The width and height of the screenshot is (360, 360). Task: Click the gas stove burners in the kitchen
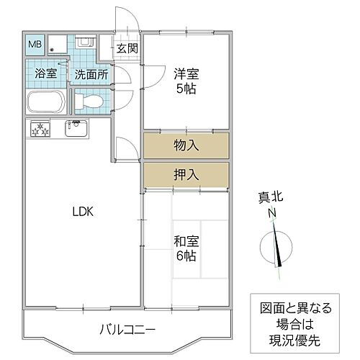pyautogui.click(x=40, y=130)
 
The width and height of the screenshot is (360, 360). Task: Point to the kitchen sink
pyautogui.click(x=76, y=130)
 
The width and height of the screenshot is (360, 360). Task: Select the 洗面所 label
pyautogui.click(x=91, y=73)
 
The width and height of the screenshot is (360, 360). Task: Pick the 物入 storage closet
pyautogui.click(x=186, y=145)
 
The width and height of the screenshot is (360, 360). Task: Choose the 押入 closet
pyautogui.click(x=186, y=175)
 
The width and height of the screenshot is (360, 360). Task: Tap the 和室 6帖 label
pyautogui.click(x=186, y=248)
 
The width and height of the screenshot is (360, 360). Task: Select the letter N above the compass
pyautogui.click(x=273, y=213)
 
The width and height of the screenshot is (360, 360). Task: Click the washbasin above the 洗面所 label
pyautogui.click(x=84, y=43)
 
